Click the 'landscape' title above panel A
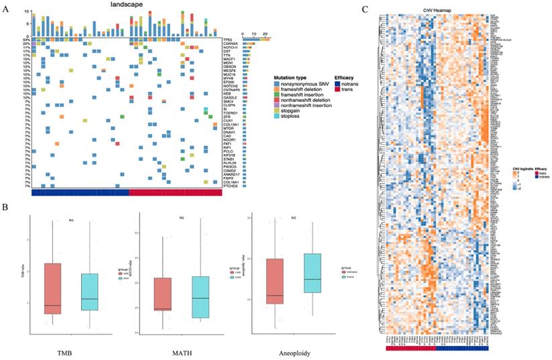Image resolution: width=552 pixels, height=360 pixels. click(127, 5)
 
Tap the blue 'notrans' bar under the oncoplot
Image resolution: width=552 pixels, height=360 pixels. click(80, 192)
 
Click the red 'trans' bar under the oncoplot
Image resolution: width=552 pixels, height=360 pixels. click(175, 192)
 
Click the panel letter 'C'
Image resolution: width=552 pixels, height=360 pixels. click(364, 9)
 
